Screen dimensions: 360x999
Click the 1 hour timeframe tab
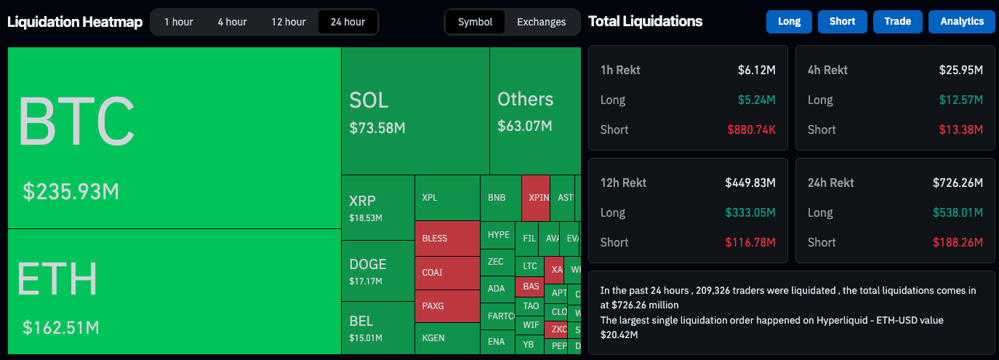pos(178,22)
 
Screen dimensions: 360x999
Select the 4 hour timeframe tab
pos(232,22)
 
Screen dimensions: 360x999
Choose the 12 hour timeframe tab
pos(289,22)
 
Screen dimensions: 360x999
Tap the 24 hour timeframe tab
pos(348,22)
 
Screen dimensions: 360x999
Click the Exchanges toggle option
pos(541,22)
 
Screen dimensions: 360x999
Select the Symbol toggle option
pos(476,22)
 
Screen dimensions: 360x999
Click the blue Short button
pos(842,22)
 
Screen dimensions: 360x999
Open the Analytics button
pos(961,22)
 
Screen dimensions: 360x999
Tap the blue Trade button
pos(897,22)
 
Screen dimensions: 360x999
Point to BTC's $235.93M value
pos(71,191)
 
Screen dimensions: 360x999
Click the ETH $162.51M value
pos(60,327)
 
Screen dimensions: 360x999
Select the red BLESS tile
pos(435,239)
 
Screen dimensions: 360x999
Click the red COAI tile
pos(433,273)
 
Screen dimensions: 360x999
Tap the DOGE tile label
pos(367,264)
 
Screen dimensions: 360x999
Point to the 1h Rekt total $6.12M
pos(756,71)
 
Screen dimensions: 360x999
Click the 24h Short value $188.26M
pos(958,242)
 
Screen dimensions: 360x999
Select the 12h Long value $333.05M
pos(750,212)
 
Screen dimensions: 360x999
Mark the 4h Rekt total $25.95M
pos(960,71)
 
